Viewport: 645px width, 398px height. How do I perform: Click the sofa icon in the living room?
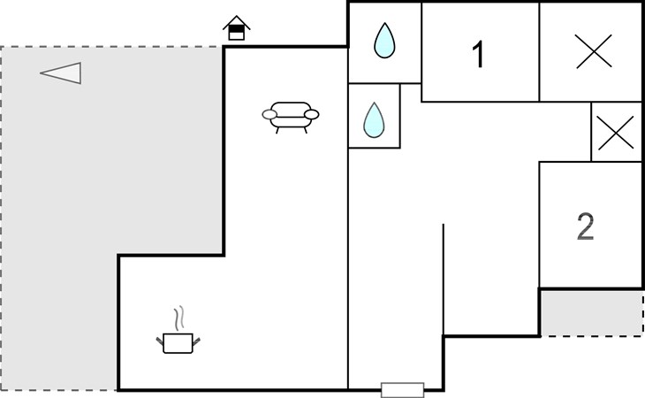pyautogui.click(x=291, y=117)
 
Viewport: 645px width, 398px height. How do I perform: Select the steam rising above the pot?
pyautogui.click(x=178, y=318)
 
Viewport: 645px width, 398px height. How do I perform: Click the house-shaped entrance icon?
pyautogui.click(x=237, y=28)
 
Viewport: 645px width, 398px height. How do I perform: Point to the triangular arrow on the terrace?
pyautogui.click(x=61, y=73)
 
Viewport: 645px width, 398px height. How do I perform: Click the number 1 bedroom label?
pyautogui.click(x=478, y=54)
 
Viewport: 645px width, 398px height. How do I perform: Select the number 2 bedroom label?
pyautogui.click(x=585, y=226)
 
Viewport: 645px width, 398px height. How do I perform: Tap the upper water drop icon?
pyautogui.click(x=384, y=41)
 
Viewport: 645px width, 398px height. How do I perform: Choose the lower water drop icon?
pyautogui.click(x=374, y=119)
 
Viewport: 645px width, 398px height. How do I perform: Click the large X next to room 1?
pyautogui.click(x=594, y=51)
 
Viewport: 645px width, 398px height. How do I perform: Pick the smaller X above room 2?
pyautogui.click(x=615, y=133)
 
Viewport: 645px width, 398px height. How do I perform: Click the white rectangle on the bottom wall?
pyautogui.click(x=403, y=389)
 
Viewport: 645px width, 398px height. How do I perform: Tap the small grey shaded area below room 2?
pyautogui.click(x=592, y=313)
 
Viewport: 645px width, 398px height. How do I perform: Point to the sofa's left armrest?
pyautogui.click(x=269, y=114)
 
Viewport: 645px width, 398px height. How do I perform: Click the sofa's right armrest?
pyautogui.click(x=311, y=114)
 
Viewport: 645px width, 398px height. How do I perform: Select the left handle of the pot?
pyautogui.click(x=160, y=341)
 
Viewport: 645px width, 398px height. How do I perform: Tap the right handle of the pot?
pyautogui.click(x=196, y=341)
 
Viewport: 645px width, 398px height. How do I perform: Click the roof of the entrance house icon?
pyautogui.click(x=237, y=22)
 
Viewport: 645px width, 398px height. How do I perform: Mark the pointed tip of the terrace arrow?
pyautogui.click(x=41, y=73)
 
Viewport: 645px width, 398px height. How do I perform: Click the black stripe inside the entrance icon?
pyautogui.click(x=237, y=29)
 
